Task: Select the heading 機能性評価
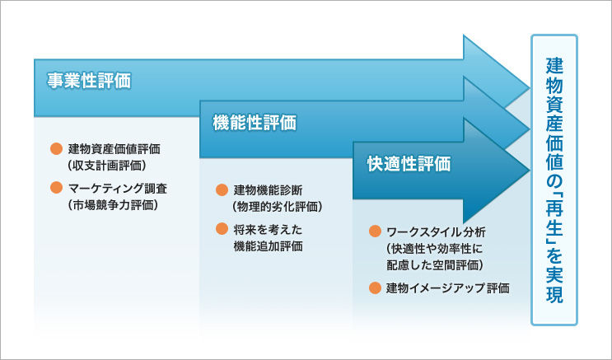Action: coord(254,123)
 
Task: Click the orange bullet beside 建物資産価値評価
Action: coord(56,149)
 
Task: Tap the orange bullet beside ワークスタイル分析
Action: coord(375,231)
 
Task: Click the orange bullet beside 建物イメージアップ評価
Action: coord(375,288)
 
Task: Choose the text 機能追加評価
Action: coord(268,245)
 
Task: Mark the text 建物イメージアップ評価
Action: coord(448,288)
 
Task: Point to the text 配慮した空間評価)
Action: coord(434,264)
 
